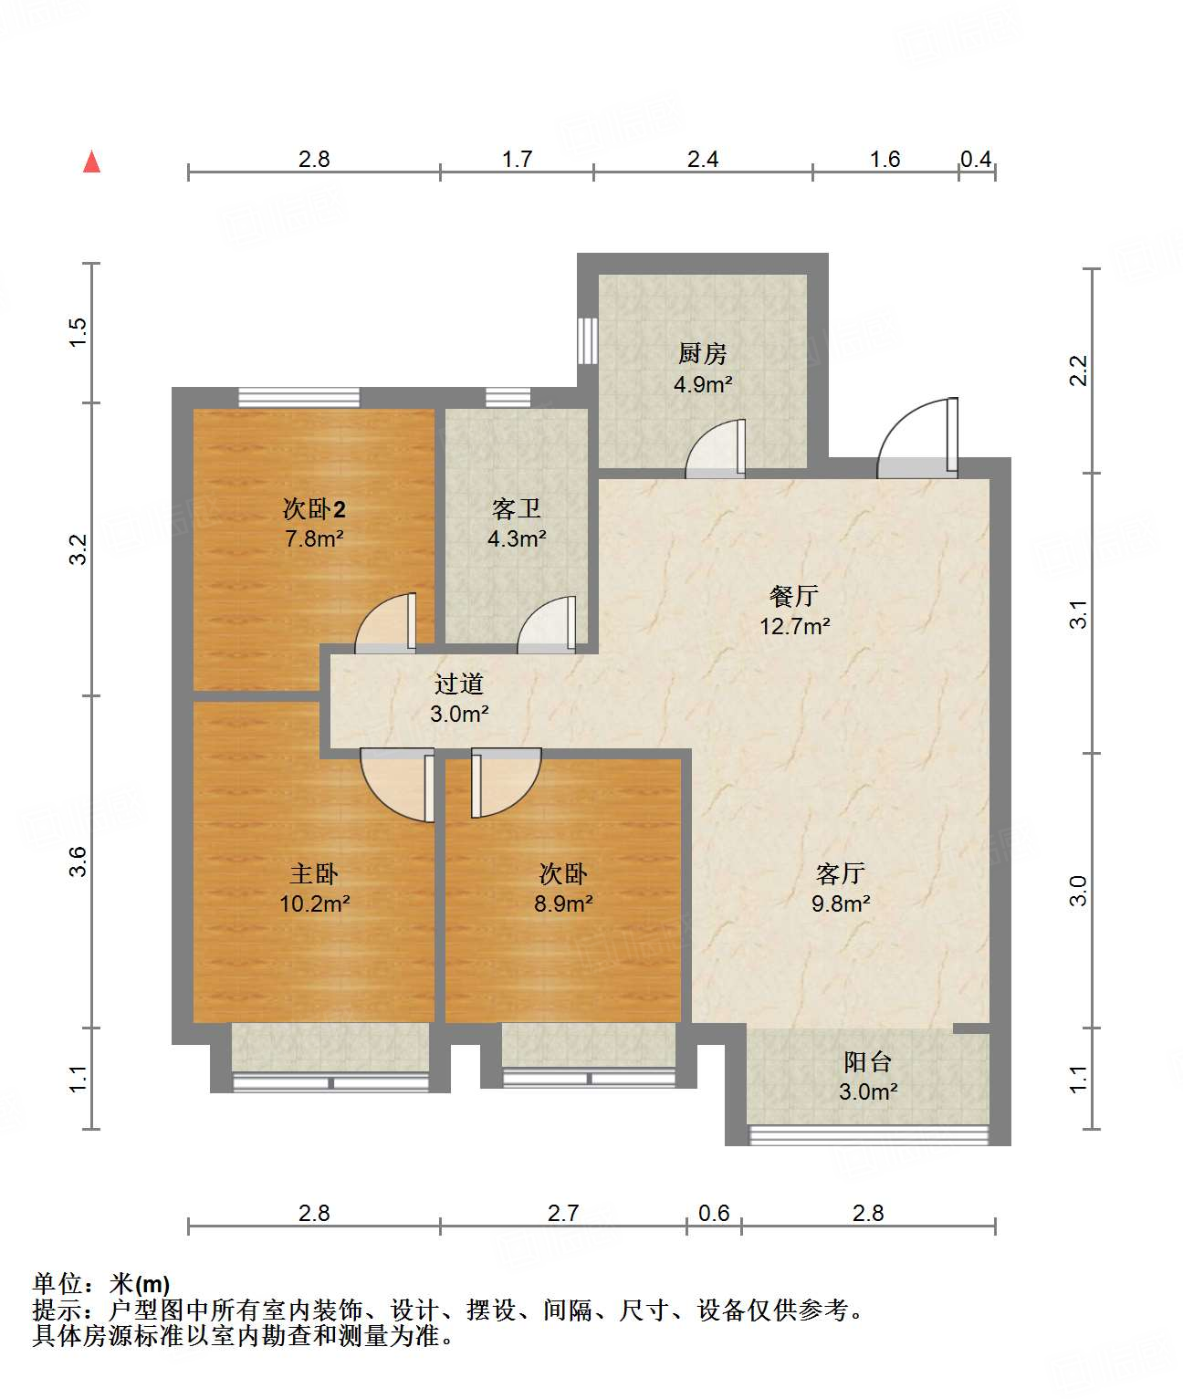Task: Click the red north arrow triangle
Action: coord(91,162)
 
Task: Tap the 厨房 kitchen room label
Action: coord(702,353)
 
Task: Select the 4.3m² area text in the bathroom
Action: coord(517,538)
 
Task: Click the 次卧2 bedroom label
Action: coord(314,508)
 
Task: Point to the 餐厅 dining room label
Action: coord(794,596)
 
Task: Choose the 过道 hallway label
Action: coord(458,684)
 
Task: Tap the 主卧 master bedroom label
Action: coord(314,873)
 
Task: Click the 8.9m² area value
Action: coord(563,903)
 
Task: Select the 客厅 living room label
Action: coord(840,873)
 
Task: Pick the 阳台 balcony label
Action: coord(867,1061)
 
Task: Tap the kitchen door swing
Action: coord(717,449)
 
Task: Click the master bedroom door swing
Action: coord(398,784)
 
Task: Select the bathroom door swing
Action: coord(548,626)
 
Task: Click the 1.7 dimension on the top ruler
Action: coord(517,159)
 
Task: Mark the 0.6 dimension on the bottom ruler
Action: coord(714,1213)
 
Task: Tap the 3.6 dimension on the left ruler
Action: coord(79,861)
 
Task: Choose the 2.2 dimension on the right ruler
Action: coord(1079,371)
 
